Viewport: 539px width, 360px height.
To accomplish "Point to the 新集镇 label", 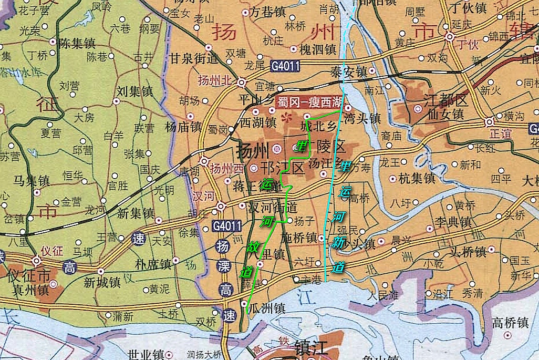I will pyautogui.click(x=135, y=213).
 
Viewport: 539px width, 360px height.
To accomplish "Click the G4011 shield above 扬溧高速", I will pyautogui.click(x=227, y=227).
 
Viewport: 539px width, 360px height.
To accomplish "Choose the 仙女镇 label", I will pyautogui.click(x=444, y=113).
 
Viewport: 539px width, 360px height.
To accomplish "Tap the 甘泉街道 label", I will pyautogui.click(x=193, y=58).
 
